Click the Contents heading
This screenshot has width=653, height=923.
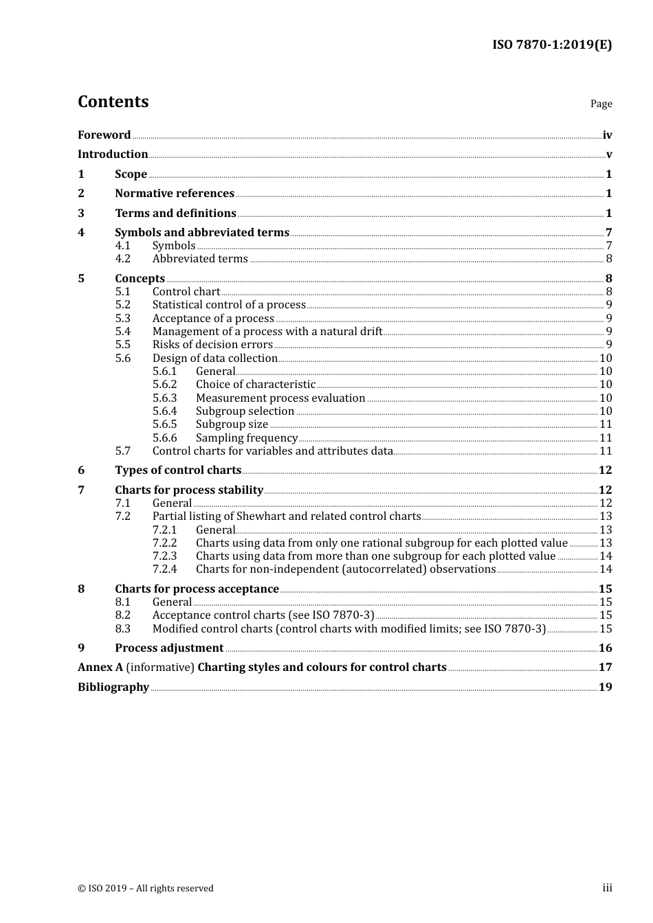(x=113, y=102)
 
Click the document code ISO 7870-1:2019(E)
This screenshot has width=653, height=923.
(x=551, y=45)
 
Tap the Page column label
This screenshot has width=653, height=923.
(x=601, y=104)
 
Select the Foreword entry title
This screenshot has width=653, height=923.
(x=104, y=135)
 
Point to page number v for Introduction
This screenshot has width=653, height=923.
(x=608, y=155)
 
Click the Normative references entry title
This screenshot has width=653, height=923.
(x=175, y=194)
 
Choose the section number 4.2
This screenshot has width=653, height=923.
(x=122, y=259)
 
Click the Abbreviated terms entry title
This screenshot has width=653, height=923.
(x=200, y=259)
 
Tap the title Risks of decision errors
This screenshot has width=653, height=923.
(x=212, y=345)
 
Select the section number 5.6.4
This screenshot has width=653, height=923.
(x=164, y=411)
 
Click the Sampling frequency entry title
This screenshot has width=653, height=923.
(x=247, y=438)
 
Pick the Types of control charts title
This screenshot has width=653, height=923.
(x=178, y=470)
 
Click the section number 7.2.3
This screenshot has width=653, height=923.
(x=164, y=556)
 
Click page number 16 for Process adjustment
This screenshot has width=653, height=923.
(x=605, y=648)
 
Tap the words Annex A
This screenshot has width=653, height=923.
(x=100, y=668)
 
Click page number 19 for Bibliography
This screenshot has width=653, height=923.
(x=605, y=687)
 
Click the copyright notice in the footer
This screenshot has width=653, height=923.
(x=146, y=889)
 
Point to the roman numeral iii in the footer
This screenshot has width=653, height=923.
(x=607, y=888)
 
